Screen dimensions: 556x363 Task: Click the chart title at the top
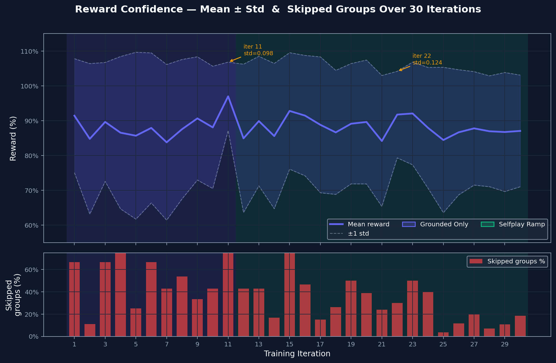278,9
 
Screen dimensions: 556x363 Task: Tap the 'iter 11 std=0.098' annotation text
258,50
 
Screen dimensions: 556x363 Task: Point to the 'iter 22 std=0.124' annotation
427,59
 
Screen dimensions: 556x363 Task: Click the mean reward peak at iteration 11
228,96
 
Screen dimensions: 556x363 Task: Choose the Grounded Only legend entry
435,224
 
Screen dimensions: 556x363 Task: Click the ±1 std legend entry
349,234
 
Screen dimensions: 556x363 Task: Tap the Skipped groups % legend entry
507,261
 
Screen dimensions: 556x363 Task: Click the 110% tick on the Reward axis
29,51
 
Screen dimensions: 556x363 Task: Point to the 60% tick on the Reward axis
31,225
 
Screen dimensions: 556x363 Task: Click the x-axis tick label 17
320,344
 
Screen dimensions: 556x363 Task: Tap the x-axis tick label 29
504,344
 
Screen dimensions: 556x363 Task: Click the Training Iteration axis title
297,354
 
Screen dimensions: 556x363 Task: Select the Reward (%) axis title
13,138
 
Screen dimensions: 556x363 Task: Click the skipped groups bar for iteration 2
90,330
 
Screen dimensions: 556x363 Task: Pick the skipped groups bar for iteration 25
443,335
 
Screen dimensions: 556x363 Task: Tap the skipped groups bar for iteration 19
351,309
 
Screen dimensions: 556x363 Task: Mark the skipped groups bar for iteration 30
520,326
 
